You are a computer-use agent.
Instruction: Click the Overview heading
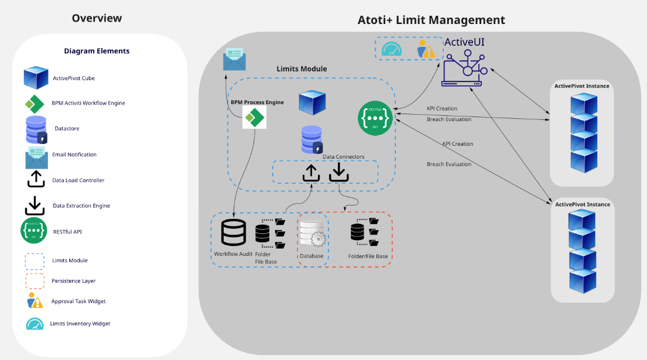(97, 18)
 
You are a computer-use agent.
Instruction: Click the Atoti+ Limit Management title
(431, 20)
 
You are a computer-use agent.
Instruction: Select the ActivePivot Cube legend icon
(36, 78)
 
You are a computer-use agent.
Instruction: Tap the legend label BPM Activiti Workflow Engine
(88, 103)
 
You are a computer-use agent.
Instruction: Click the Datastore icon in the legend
(36, 129)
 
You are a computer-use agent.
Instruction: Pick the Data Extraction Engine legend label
(81, 205)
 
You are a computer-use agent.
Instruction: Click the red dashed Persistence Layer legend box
(35, 281)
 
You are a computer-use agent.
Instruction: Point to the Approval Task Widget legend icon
(35, 301)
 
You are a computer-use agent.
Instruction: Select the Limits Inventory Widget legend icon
(35, 323)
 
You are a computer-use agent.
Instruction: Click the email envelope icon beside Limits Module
(234, 59)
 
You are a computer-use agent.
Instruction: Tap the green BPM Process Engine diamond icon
(254, 118)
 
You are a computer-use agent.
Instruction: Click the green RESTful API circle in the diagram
(375, 118)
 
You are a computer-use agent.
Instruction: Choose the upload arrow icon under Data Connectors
(311, 172)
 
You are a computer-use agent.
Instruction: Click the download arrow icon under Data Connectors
(339, 172)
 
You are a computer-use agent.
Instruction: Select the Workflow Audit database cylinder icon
(233, 232)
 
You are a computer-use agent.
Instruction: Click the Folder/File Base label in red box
(368, 256)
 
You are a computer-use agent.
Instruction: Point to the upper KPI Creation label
(442, 108)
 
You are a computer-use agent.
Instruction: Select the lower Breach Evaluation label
(449, 164)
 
